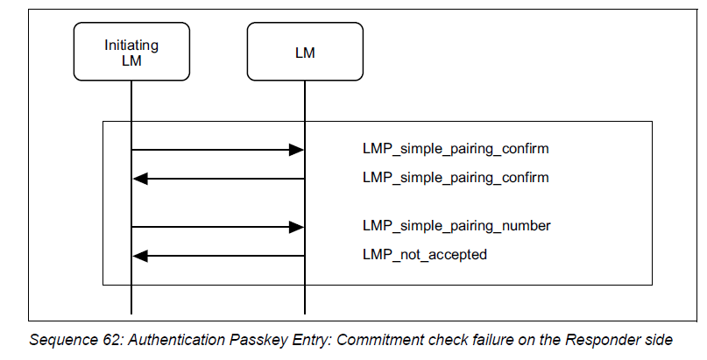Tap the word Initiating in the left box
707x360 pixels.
click(x=131, y=45)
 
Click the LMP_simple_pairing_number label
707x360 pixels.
click(x=456, y=226)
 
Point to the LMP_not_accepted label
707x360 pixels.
click(x=424, y=255)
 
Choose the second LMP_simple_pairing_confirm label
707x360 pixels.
click(x=455, y=178)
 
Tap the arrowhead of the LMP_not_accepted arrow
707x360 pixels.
click(x=139, y=256)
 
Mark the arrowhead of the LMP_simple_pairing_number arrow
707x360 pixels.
click(x=296, y=228)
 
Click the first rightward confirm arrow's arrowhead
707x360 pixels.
click(x=296, y=151)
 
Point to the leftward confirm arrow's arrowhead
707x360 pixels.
click(x=139, y=179)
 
